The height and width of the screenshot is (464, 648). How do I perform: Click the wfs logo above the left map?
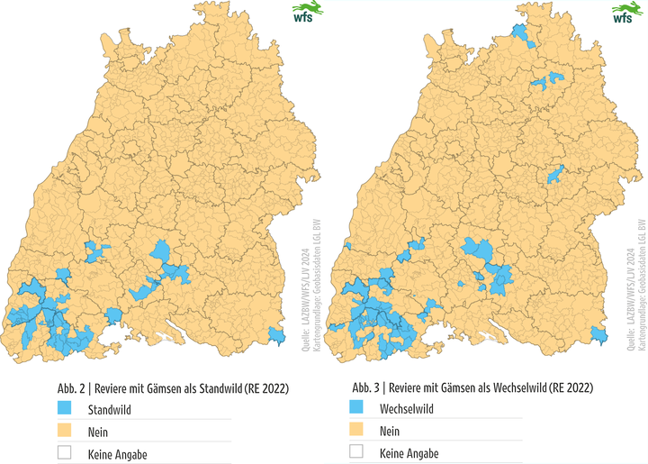304,14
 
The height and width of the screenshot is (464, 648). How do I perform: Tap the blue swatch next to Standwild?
65,409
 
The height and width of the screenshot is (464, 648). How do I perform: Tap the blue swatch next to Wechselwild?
356,409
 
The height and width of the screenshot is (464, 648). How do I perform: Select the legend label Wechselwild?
409,409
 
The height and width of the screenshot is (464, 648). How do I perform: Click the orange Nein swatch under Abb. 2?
65,431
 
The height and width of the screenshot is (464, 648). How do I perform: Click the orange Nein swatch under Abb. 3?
356,431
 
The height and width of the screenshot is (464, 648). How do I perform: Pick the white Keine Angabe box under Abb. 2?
65,452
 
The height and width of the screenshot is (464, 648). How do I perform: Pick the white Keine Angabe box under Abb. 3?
356,452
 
